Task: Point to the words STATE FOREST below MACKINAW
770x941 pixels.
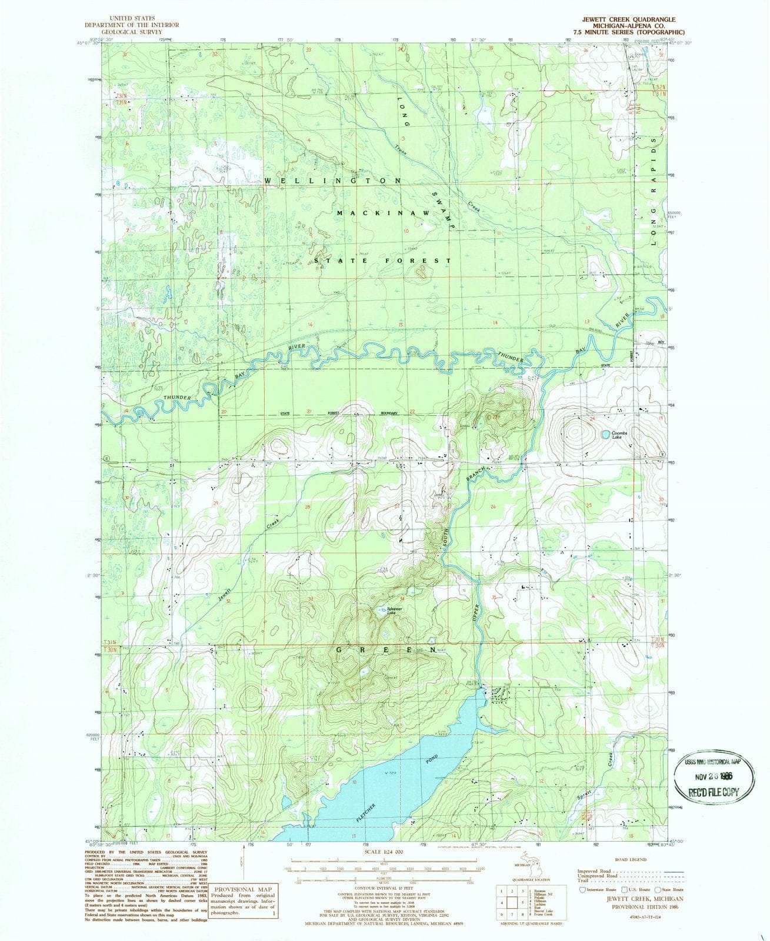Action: [x=382, y=260]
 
